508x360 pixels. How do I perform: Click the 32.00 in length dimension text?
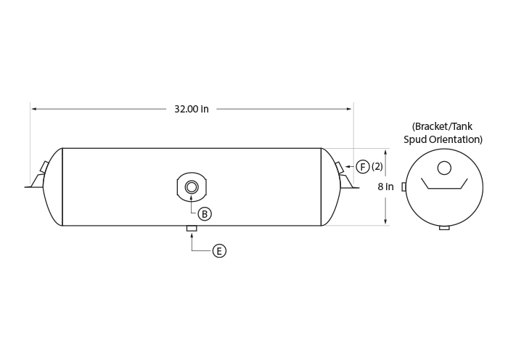pyautogui.click(x=192, y=109)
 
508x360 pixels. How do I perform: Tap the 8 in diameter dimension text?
pyautogui.click(x=385, y=187)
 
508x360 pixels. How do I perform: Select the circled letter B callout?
pyautogui.click(x=205, y=214)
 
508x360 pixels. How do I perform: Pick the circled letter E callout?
pyautogui.click(x=219, y=251)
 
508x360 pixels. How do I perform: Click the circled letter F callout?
pyautogui.click(x=363, y=166)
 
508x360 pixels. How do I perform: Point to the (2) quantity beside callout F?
pyautogui.click(x=377, y=166)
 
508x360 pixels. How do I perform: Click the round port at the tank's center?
pyautogui.click(x=192, y=187)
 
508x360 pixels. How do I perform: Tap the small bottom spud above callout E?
pyautogui.click(x=192, y=229)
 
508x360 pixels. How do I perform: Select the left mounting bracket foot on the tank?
pyautogui.click(x=36, y=181)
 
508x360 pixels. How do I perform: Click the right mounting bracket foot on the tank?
pyautogui.click(x=348, y=181)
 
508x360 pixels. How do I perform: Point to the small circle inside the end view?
pyautogui.click(x=444, y=168)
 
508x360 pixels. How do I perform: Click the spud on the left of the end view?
pyautogui.click(x=403, y=187)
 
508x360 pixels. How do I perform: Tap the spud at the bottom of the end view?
pyautogui.click(x=444, y=228)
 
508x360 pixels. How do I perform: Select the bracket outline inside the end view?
pyautogui.click(x=444, y=188)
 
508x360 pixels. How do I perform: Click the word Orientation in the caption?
pyautogui.click(x=456, y=139)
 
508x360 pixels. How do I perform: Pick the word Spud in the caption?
pyautogui.click(x=415, y=139)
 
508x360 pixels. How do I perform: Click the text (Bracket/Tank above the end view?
pyautogui.click(x=442, y=126)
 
